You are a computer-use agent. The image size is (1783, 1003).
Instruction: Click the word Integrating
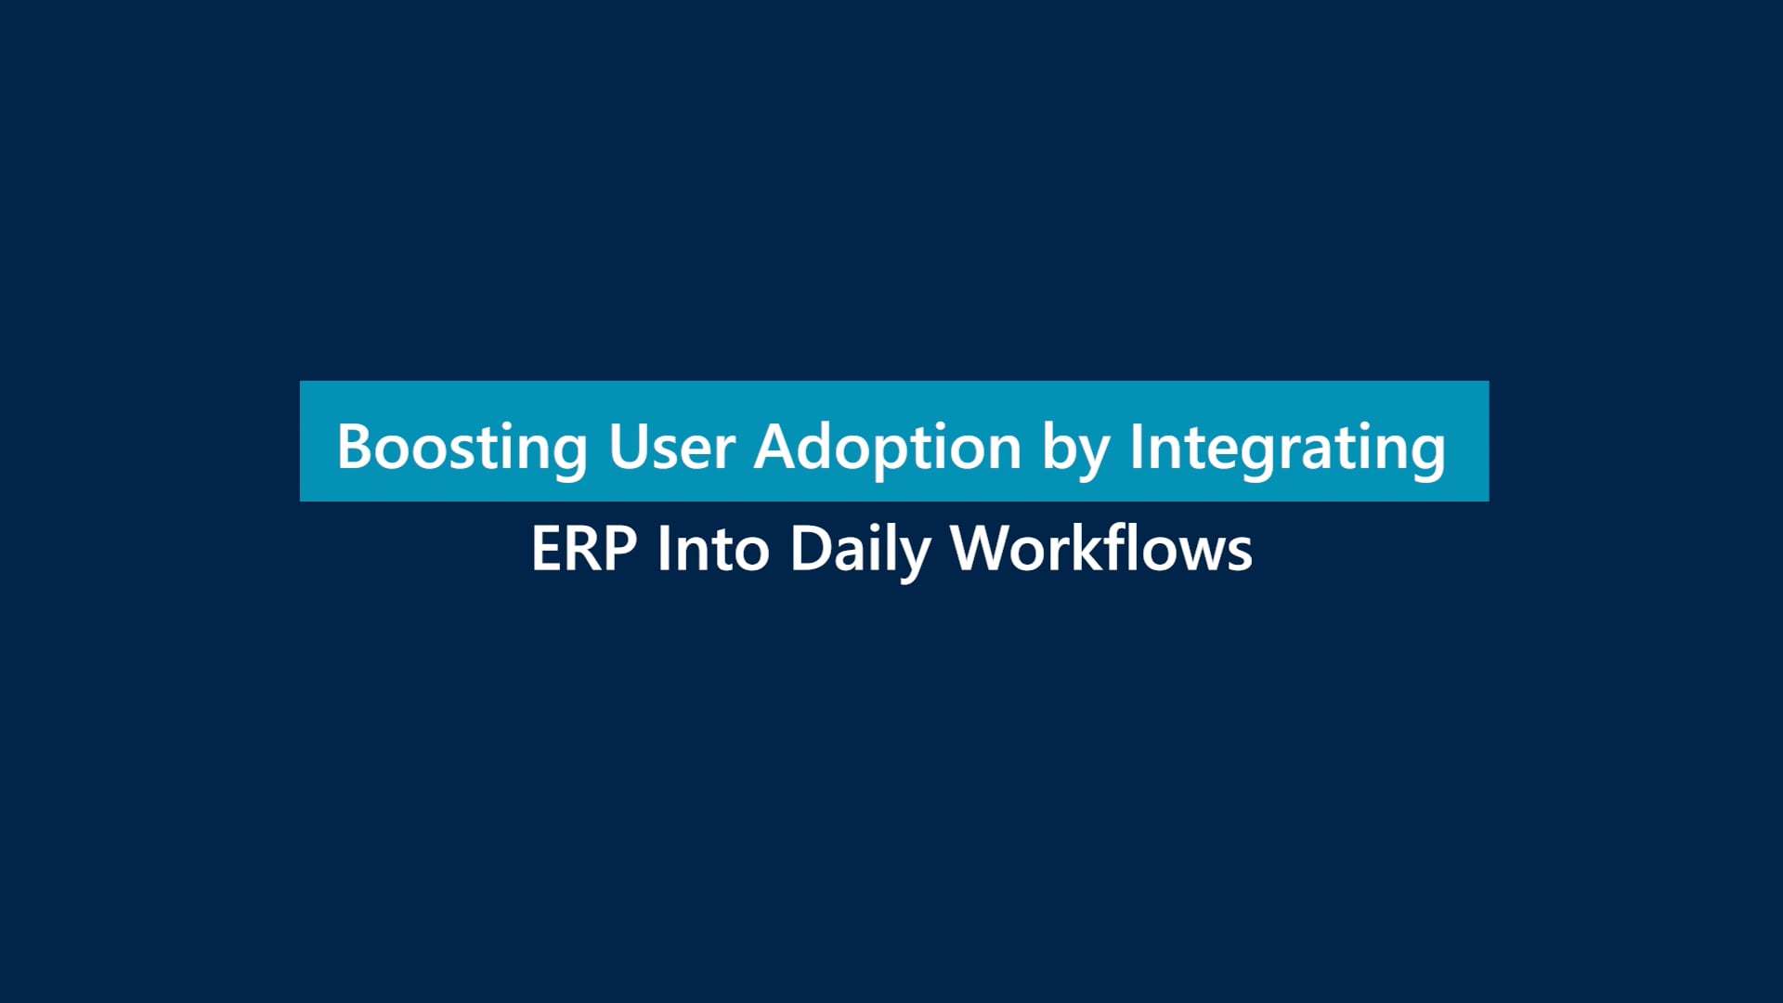point(1287,449)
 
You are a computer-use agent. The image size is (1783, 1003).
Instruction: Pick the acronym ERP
point(584,548)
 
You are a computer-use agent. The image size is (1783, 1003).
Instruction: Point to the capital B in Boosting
point(356,447)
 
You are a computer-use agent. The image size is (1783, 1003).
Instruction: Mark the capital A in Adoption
point(775,447)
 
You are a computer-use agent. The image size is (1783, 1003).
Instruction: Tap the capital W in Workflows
point(983,548)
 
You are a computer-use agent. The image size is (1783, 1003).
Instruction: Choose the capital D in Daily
point(811,548)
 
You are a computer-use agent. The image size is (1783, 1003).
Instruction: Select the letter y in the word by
point(1095,459)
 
